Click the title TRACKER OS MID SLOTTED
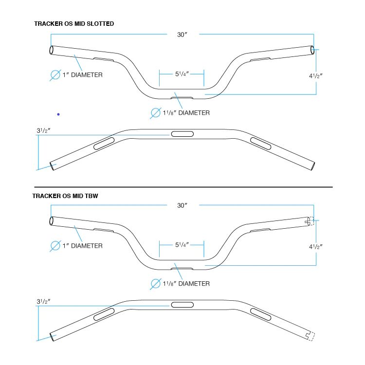pyautogui.click(x=74, y=23)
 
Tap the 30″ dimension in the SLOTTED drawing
pyautogui.click(x=182, y=35)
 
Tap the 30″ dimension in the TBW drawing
pyautogui.click(x=182, y=206)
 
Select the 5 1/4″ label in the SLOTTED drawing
pyautogui.click(x=182, y=74)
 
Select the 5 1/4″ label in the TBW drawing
pyautogui.click(x=182, y=244)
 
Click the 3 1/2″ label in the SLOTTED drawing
pyautogui.click(x=43, y=131)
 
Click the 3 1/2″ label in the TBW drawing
pyautogui.click(x=43, y=302)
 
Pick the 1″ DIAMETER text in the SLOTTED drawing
pyautogui.click(x=82, y=75)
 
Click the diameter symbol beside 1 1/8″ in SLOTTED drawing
pyautogui.click(x=156, y=113)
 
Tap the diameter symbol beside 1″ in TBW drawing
pyautogui.click(x=55, y=246)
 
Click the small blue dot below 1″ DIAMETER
pyautogui.click(x=58, y=114)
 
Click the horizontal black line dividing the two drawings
pyautogui.click(x=183, y=187)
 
